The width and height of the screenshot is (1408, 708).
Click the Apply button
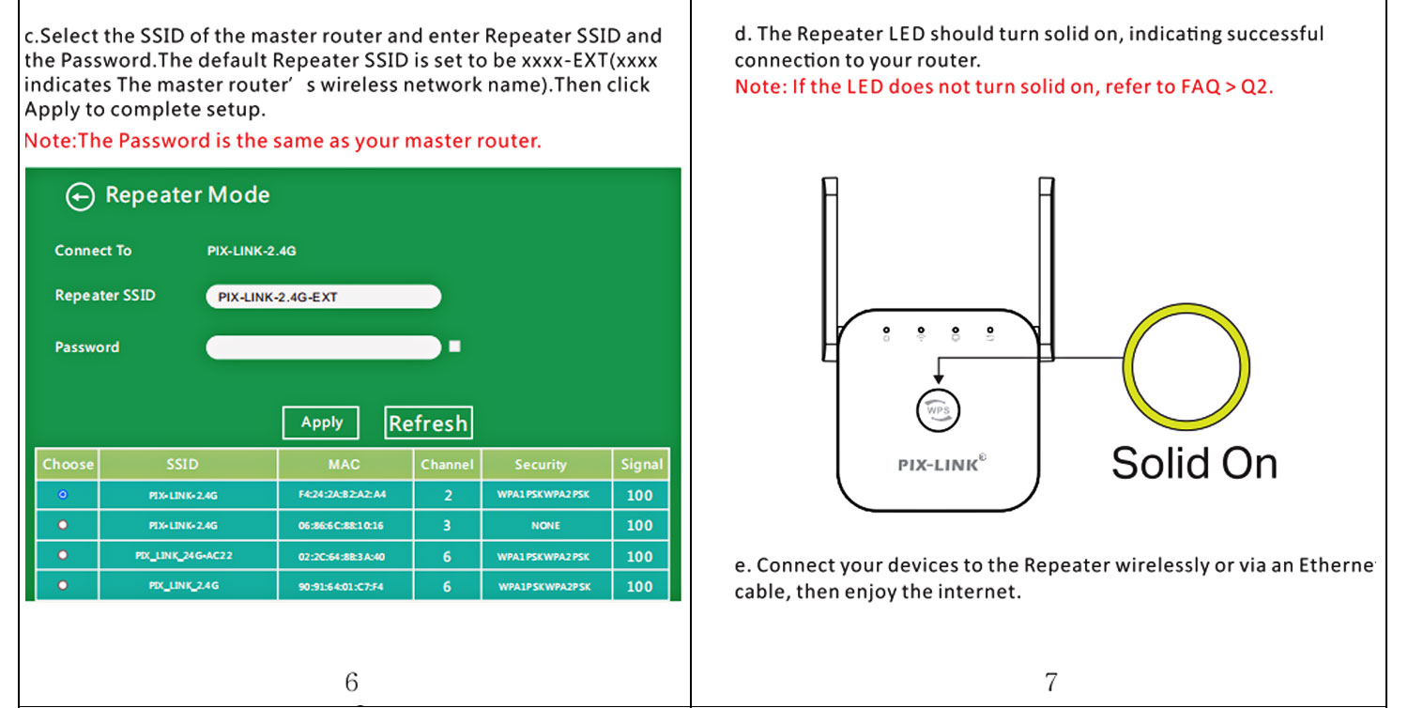pos(321,423)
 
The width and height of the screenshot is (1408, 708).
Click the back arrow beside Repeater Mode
pos(80,196)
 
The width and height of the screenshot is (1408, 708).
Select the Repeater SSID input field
pos(323,297)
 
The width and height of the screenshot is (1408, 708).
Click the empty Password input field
pos(323,347)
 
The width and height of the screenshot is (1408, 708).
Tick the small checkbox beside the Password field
pos(455,346)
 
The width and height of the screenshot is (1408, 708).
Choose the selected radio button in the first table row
pos(63,494)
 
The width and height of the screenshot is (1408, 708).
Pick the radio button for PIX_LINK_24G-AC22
pos(63,556)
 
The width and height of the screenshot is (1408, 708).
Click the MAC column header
pos(344,464)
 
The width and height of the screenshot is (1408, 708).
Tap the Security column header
pos(541,464)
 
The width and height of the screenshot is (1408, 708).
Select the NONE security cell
pos(545,526)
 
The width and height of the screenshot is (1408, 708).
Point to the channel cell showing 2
pos(448,495)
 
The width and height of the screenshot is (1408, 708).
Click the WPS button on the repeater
pos(938,410)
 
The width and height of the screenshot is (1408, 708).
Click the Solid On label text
pos(1194,464)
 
